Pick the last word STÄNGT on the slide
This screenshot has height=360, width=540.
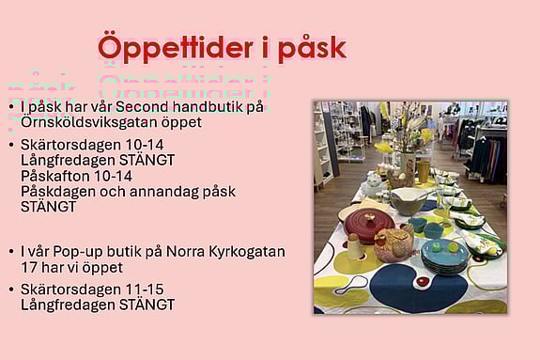click(147, 305)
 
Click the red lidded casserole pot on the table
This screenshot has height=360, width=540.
click(368, 226)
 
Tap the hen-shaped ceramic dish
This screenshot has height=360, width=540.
click(394, 245)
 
